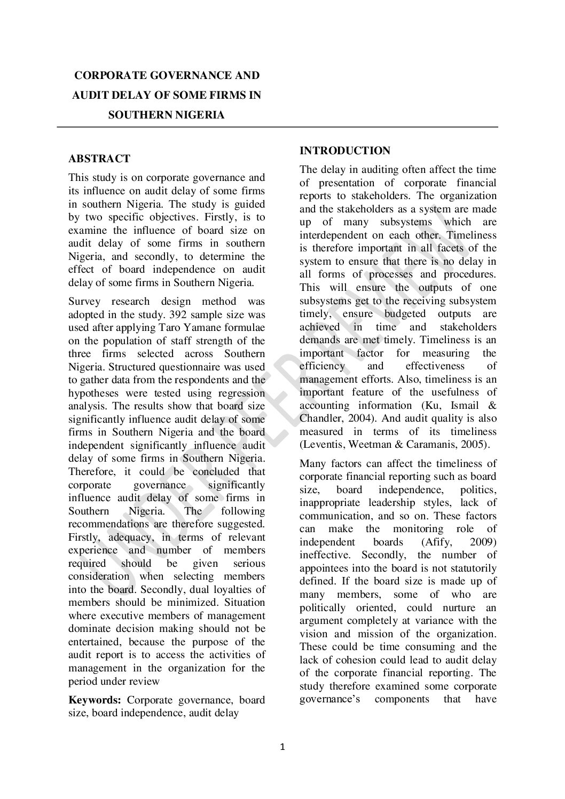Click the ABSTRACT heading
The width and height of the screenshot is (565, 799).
pos(99,159)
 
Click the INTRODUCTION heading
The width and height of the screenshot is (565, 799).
pos(345,151)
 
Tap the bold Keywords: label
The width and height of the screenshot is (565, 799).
pos(96,700)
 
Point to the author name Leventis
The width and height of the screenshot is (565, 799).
pos(323,445)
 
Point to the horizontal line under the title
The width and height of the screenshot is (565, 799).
pos(278,127)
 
